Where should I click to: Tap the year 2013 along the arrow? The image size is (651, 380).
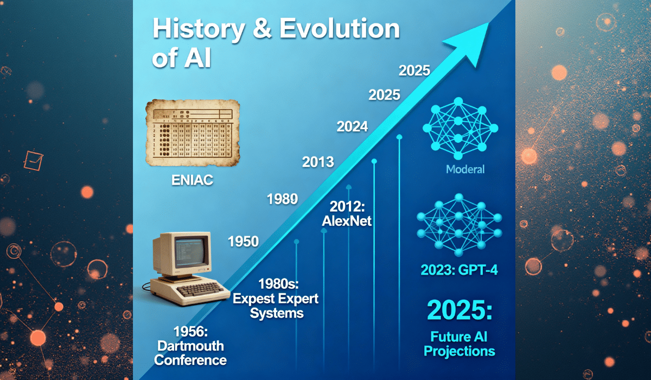(x=318, y=162)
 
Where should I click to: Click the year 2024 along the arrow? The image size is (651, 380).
(x=352, y=127)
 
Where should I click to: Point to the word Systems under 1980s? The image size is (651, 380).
(x=280, y=313)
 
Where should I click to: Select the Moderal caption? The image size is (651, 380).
(x=465, y=169)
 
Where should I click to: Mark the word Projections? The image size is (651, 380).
(x=459, y=351)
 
